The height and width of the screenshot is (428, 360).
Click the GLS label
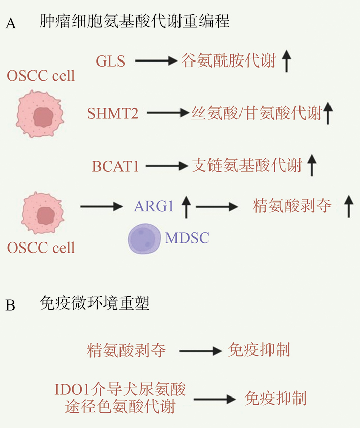tap(110, 62)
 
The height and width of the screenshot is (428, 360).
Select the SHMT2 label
tap(113, 113)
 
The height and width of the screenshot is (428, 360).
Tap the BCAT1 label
tap(115, 166)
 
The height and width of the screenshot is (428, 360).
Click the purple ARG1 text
tap(154, 206)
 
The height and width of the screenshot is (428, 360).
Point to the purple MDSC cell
tap(144, 238)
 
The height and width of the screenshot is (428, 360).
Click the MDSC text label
tap(187, 237)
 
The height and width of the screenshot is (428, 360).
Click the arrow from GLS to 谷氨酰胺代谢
tap(155, 62)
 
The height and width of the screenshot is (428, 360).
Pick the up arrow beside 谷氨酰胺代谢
tap(286, 62)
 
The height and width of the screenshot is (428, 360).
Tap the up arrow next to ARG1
tap(186, 206)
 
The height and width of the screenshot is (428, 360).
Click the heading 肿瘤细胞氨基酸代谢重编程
tap(134, 22)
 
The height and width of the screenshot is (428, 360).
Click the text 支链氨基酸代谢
tap(247, 165)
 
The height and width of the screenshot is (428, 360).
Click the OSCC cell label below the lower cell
tap(41, 248)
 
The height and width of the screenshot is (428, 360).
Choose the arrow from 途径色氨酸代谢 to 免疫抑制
tap(210, 399)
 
